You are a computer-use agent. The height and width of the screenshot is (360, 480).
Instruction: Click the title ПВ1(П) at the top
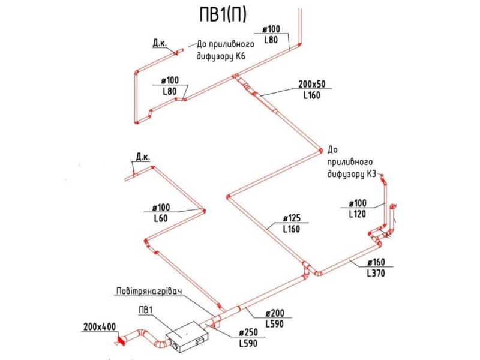(223, 14)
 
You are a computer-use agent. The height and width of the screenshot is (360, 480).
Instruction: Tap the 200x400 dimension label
(100, 327)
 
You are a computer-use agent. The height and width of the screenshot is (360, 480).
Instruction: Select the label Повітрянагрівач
(149, 291)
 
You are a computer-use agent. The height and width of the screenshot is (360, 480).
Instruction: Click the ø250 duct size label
(248, 332)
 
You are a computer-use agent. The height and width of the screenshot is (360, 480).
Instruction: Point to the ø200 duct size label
(275, 313)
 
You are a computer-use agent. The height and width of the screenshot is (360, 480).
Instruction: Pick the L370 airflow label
(376, 273)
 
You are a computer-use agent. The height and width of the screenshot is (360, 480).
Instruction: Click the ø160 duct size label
(376, 262)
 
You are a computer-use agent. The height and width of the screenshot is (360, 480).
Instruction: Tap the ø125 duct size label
(292, 218)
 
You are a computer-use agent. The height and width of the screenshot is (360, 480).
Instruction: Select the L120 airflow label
(357, 214)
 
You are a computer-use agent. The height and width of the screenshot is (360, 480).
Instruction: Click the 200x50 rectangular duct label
(312, 84)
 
